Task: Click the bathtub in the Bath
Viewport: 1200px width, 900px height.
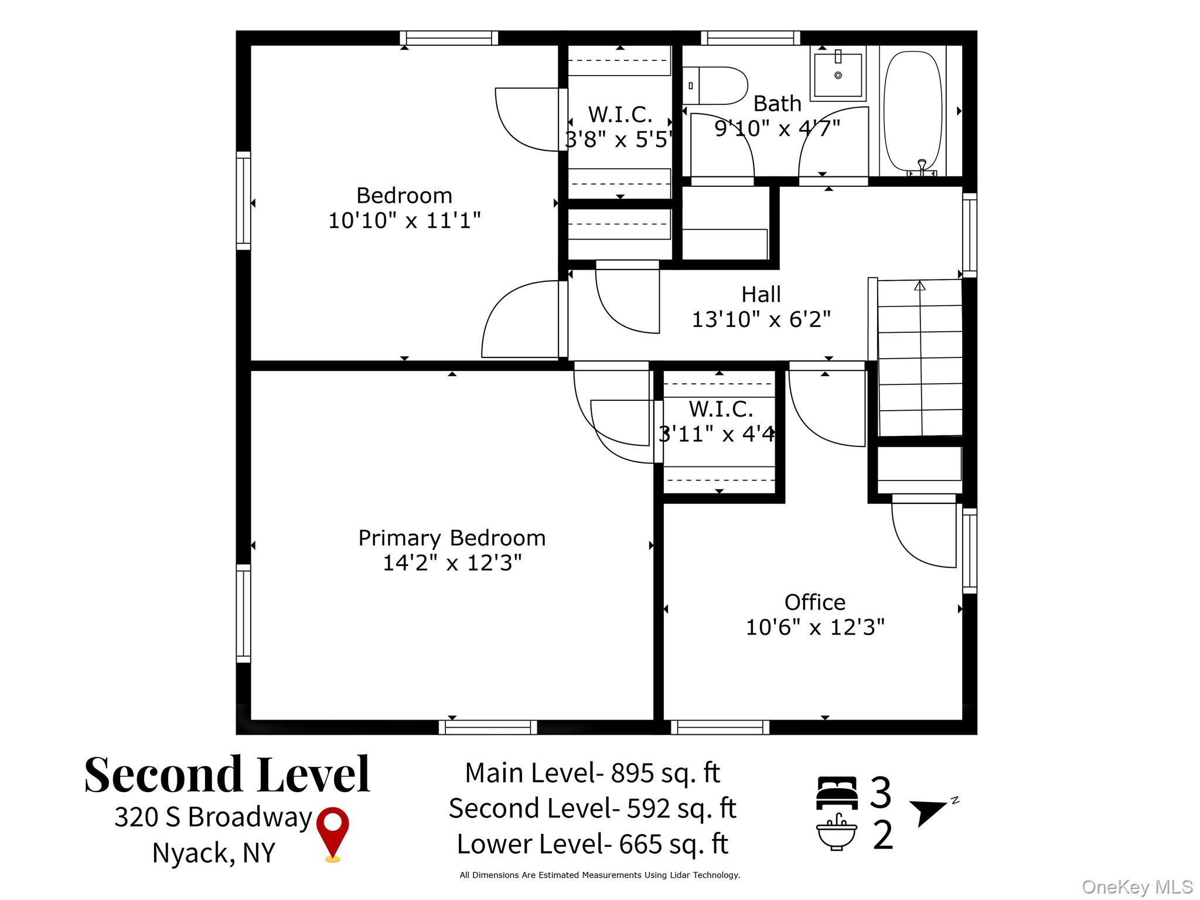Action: click(x=912, y=111)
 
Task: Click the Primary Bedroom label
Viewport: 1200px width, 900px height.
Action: click(x=452, y=538)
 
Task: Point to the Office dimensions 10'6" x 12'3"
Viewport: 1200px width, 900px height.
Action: click(x=814, y=628)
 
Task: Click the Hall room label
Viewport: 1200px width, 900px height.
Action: click(x=761, y=294)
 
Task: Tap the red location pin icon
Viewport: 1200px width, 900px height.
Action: click(x=332, y=832)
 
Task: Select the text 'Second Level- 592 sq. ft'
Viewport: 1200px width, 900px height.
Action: click(x=592, y=809)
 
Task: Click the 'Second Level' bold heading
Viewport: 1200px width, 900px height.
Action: click(x=227, y=775)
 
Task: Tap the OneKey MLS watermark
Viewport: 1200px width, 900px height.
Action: click(x=1137, y=887)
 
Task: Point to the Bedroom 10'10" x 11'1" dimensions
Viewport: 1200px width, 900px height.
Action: click(x=404, y=221)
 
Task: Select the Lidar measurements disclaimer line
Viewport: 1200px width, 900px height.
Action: click(x=599, y=875)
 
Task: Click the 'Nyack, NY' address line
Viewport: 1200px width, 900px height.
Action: click(x=213, y=853)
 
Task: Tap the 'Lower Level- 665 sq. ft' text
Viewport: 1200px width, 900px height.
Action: click(x=592, y=844)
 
